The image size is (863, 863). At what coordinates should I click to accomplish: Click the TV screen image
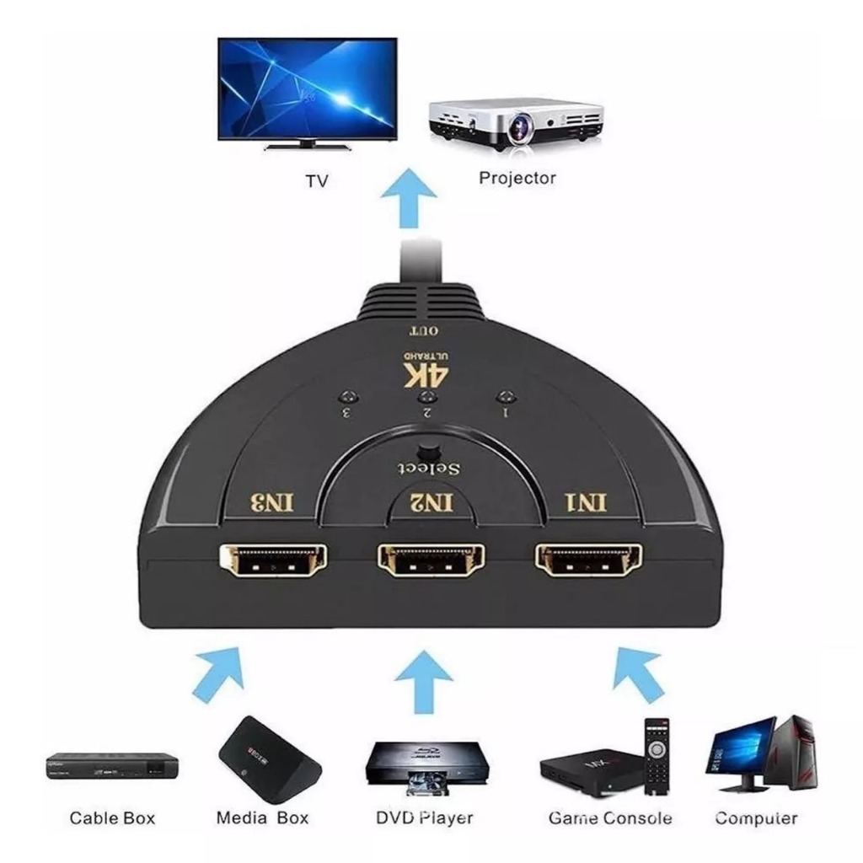click(x=307, y=88)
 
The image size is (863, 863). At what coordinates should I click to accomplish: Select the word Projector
click(x=517, y=178)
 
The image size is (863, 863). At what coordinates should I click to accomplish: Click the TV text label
click(x=316, y=180)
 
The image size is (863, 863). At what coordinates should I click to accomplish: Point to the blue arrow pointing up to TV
click(x=409, y=197)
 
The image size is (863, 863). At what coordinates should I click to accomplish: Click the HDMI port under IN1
click(x=587, y=560)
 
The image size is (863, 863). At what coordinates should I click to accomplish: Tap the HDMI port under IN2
click(x=430, y=560)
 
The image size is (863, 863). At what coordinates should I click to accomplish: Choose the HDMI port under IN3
click(x=273, y=560)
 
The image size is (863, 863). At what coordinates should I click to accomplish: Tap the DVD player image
click(x=424, y=763)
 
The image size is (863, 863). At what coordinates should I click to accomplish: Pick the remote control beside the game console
click(x=657, y=755)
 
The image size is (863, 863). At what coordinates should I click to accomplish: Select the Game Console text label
click(x=610, y=818)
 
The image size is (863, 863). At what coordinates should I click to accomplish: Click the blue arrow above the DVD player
click(x=424, y=682)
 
